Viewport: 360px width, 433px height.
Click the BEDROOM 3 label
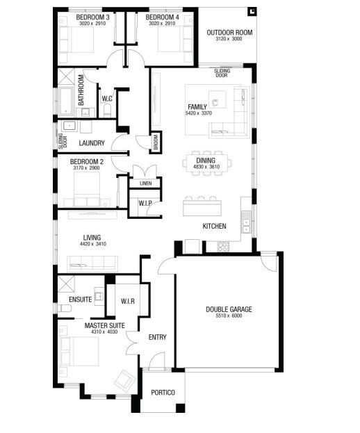point(92,17)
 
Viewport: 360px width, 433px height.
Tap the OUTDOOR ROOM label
point(229,33)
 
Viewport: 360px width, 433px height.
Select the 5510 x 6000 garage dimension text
point(229,316)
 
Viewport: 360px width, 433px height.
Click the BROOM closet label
point(156,142)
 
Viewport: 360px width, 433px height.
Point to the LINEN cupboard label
point(145,183)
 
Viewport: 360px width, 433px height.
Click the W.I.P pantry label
point(145,203)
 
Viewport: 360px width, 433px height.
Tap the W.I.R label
point(128,301)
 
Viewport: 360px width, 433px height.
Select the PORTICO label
point(163,393)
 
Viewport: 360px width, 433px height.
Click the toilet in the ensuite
point(65,308)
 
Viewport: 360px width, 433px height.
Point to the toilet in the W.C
point(107,111)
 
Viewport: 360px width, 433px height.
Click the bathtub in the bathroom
point(66,101)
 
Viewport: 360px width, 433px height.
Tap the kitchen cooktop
point(223,247)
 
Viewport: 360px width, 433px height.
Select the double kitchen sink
point(246,226)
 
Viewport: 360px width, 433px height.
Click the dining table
point(207,163)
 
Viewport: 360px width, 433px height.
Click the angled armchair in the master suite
point(124,381)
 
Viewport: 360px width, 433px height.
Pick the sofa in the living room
point(92,263)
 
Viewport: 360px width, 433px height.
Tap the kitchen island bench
point(202,208)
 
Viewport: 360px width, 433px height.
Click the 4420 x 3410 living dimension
point(92,244)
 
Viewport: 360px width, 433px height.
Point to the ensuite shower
point(66,284)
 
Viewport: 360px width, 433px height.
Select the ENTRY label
point(157,337)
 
